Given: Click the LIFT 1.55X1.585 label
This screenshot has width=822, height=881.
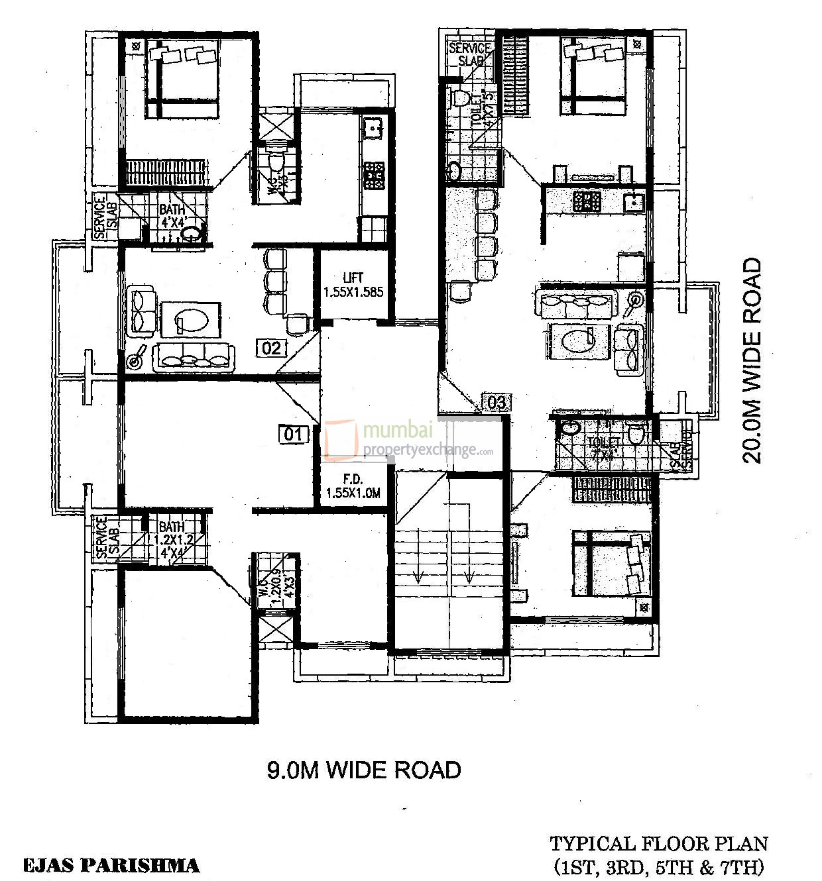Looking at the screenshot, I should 353,285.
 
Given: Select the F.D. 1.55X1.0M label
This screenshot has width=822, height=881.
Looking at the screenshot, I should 353,486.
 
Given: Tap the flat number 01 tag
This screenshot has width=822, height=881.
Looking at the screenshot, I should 293,435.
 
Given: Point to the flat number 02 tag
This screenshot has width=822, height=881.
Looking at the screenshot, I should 272,348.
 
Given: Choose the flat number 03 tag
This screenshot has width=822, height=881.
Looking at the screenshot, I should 497,402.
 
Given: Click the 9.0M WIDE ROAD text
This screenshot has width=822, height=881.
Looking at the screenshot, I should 364,770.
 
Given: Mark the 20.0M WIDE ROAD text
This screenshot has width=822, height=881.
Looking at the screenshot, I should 752,361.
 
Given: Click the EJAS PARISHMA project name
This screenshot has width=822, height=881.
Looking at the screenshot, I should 111,865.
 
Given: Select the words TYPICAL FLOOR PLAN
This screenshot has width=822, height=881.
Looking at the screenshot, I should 659,844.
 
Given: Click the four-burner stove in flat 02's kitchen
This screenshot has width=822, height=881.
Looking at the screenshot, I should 374,176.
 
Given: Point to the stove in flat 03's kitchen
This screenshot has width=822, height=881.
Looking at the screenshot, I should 587,201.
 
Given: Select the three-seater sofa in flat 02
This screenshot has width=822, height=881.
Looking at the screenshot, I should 194,357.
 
